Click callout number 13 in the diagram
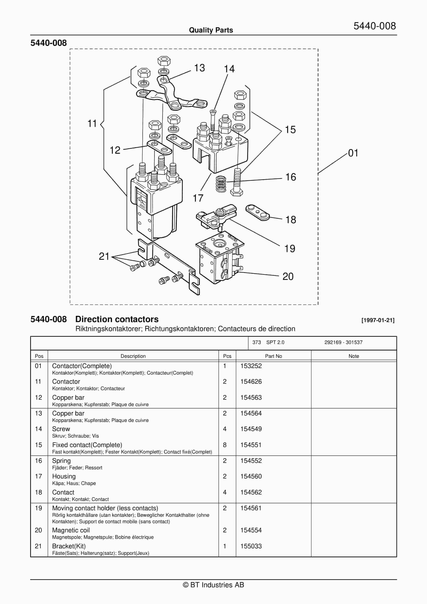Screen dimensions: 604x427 coord(199,68)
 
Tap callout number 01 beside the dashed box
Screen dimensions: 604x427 coord(353,153)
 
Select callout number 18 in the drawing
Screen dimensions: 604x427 coord(290,220)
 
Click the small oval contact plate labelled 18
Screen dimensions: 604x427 coord(257,212)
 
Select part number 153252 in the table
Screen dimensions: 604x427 coord(251,366)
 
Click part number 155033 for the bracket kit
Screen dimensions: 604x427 coord(251,546)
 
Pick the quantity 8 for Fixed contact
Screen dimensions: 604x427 coord(225,445)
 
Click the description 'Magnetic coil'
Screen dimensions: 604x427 coord(71,530)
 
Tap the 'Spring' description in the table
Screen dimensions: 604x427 coord(61,461)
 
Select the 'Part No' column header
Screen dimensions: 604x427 coord(273,356)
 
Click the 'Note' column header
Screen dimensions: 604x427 coord(354,356)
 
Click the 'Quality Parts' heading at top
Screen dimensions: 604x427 coord(211,30)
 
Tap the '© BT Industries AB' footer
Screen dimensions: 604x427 coord(213,585)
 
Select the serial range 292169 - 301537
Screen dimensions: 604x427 coord(343,342)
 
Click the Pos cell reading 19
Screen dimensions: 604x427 coord(38,508)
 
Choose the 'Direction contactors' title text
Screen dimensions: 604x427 coord(117,319)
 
